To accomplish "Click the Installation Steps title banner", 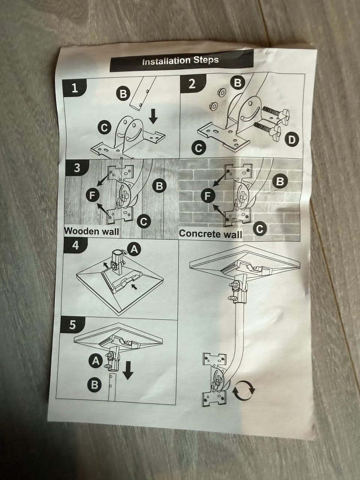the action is [181, 61].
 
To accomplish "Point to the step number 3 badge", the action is [76, 168].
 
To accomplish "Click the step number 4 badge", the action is [75, 246].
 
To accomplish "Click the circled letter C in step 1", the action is [105, 127].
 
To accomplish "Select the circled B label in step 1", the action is [123, 94].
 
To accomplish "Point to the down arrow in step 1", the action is [153, 117].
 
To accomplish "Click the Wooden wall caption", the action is [91, 231].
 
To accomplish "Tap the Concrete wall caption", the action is [211, 234].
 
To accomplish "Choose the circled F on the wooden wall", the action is [93, 195].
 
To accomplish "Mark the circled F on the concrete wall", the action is [208, 195].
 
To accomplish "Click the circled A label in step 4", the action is [134, 249].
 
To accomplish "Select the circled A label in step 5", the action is [96, 361].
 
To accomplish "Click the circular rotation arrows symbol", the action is [243, 390].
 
